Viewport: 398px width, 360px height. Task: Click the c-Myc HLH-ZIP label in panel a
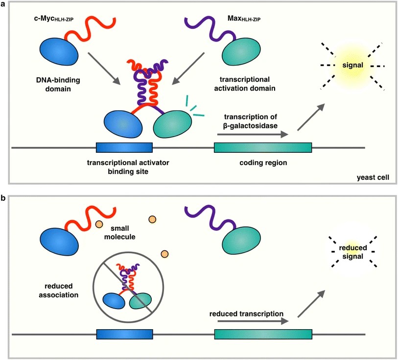[x=54, y=19]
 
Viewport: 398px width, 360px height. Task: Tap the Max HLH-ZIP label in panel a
[x=244, y=19]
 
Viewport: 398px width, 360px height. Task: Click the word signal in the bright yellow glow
[x=353, y=65]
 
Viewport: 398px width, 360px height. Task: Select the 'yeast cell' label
[x=373, y=177]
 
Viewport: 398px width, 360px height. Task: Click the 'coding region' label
[x=263, y=163]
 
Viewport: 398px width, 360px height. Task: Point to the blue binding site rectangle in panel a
[x=124, y=147]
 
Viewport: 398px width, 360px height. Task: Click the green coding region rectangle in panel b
[x=263, y=334]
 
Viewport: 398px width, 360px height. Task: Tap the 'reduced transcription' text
[x=246, y=314]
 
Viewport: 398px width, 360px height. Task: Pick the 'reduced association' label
[x=58, y=290]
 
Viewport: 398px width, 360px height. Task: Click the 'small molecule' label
[x=120, y=233]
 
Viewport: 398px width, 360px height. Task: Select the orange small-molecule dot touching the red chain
[x=99, y=224]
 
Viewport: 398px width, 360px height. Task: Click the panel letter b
[x=3, y=198]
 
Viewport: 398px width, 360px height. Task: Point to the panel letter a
[x=3, y=4]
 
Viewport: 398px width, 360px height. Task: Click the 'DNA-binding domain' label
[x=58, y=85]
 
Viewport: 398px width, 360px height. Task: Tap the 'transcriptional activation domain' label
[x=245, y=84]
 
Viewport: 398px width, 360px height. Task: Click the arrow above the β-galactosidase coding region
[x=253, y=134]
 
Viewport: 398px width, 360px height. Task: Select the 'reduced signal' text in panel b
[x=353, y=252]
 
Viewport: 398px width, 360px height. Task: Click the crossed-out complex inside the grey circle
[x=127, y=287]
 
